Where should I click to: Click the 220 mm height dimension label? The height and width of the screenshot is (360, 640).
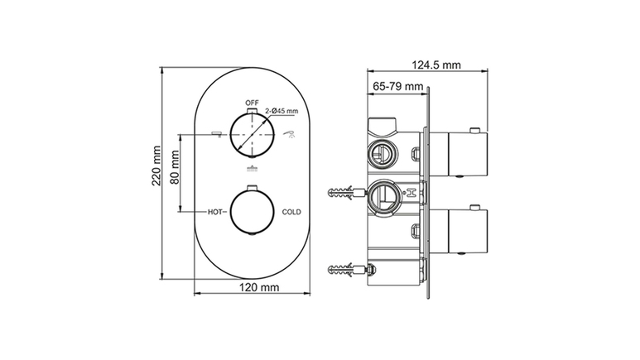tap(156, 166)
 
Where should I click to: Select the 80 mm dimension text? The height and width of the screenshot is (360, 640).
tap(175, 167)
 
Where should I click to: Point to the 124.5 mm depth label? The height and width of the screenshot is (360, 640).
tap(436, 65)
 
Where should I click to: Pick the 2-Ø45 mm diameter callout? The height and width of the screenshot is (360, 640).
tap(282, 111)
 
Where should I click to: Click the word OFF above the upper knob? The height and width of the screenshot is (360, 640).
tap(252, 103)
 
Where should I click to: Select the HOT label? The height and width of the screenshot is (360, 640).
tap(215, 212)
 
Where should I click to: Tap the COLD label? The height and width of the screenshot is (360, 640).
tap(291, 212)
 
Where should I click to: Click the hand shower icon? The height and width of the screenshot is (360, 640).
tap(290, 134)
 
